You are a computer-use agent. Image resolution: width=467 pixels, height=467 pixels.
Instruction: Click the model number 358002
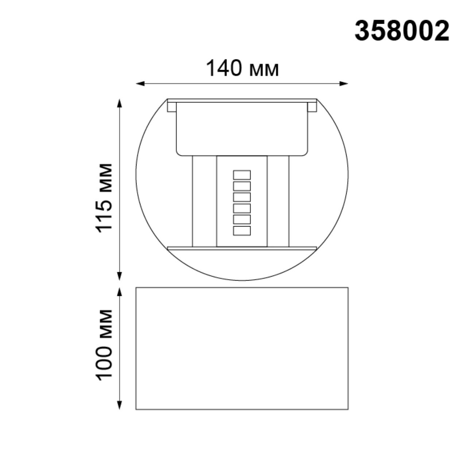pos(402,31)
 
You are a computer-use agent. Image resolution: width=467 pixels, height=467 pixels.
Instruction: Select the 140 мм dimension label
pos(242,68)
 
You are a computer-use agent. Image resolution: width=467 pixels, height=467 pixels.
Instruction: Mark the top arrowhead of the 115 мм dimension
pos(119,103)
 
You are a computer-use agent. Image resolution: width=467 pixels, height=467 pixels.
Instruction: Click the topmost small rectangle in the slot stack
pos(242,175)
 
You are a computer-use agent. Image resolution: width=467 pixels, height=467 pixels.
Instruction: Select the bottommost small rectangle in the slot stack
pos(242,231)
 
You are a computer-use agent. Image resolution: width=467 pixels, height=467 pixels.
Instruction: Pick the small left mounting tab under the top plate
pos(171,107)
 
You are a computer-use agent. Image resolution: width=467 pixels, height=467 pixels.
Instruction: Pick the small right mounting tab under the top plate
pos(312,107)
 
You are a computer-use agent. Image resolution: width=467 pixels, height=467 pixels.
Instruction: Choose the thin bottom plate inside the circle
pos(242,248)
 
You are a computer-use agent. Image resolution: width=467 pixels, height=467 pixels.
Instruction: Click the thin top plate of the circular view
pos(242,100)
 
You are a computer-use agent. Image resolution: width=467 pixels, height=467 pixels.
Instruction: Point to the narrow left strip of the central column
pos(204,201)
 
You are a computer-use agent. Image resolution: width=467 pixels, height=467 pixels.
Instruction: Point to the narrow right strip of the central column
pos(278,201)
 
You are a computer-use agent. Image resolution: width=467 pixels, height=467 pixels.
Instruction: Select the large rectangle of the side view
pos(242,348)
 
